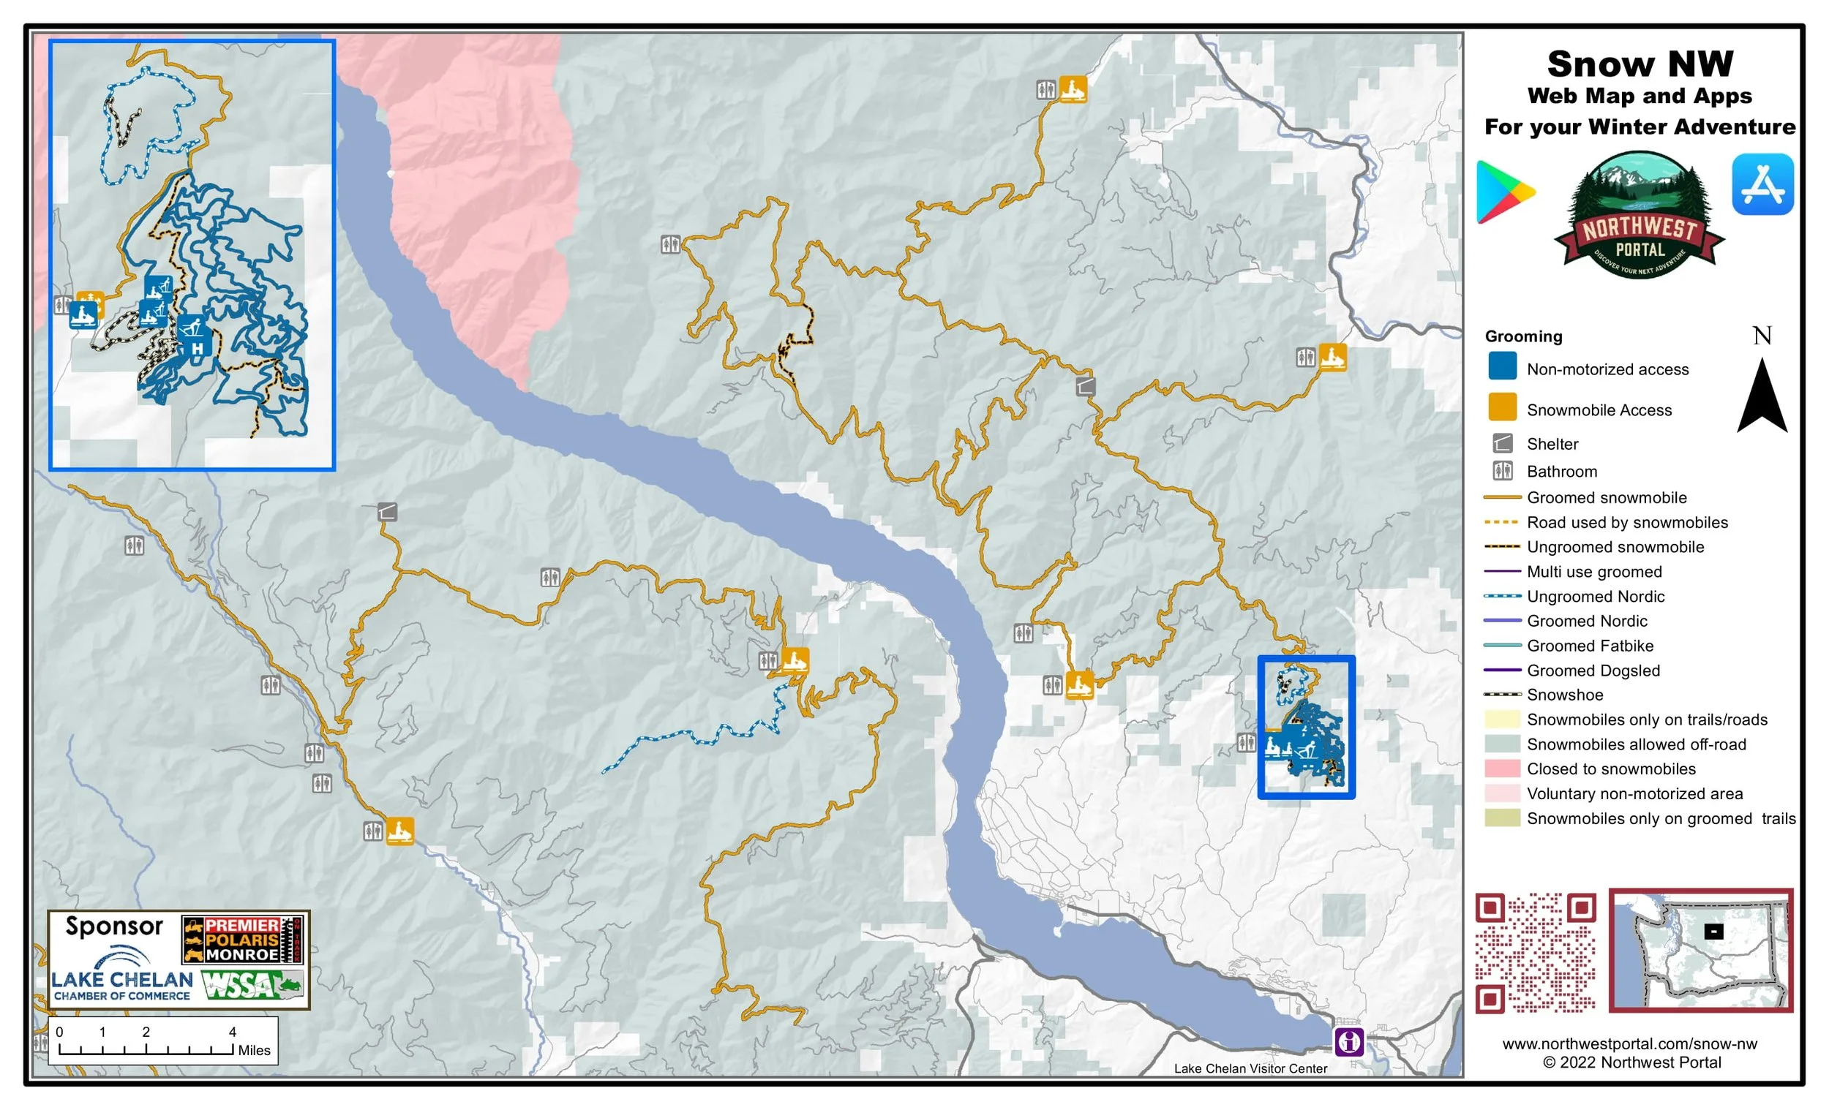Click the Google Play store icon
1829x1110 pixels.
pyautogui.click(x=1505, y=192)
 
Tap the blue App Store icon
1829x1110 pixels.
pyautogui.click(x=1762, y=184)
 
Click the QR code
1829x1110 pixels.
pyautogui.click(x=1534, y=952)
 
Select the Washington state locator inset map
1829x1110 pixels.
pyautogui.click(x=1700, y=950)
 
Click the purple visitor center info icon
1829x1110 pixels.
pyautogui.click(x=1349, y=1041)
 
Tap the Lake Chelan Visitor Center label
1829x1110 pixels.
pyautogui.click(x=1250, y=1068)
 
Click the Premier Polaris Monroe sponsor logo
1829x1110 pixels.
pyautogui.click(x=243, y=939)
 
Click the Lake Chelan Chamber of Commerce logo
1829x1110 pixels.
pyautogui.click(x=121, y=978)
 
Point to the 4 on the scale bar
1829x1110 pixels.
pyautogui.click(x=233, y=1032)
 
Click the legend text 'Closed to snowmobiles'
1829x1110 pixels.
pyautogui.click(x=1611, y=769)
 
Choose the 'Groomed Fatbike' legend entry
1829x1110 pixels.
pyautogui.click(x=1590, y=646)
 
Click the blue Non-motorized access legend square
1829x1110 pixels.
pyautogui.click(x=1502, y=366)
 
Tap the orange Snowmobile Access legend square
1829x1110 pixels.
pyautogui.click(x=1502, y=407)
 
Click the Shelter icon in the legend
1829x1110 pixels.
pyautogui.click(x=1502, y=444)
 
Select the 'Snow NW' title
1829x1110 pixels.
pyautogui.click(x=1640, y=64)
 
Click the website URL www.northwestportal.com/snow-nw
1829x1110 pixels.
pyautogui.click(x=1629, y=1043)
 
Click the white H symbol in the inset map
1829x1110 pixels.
pyautogui.click(x=197, y=348)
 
